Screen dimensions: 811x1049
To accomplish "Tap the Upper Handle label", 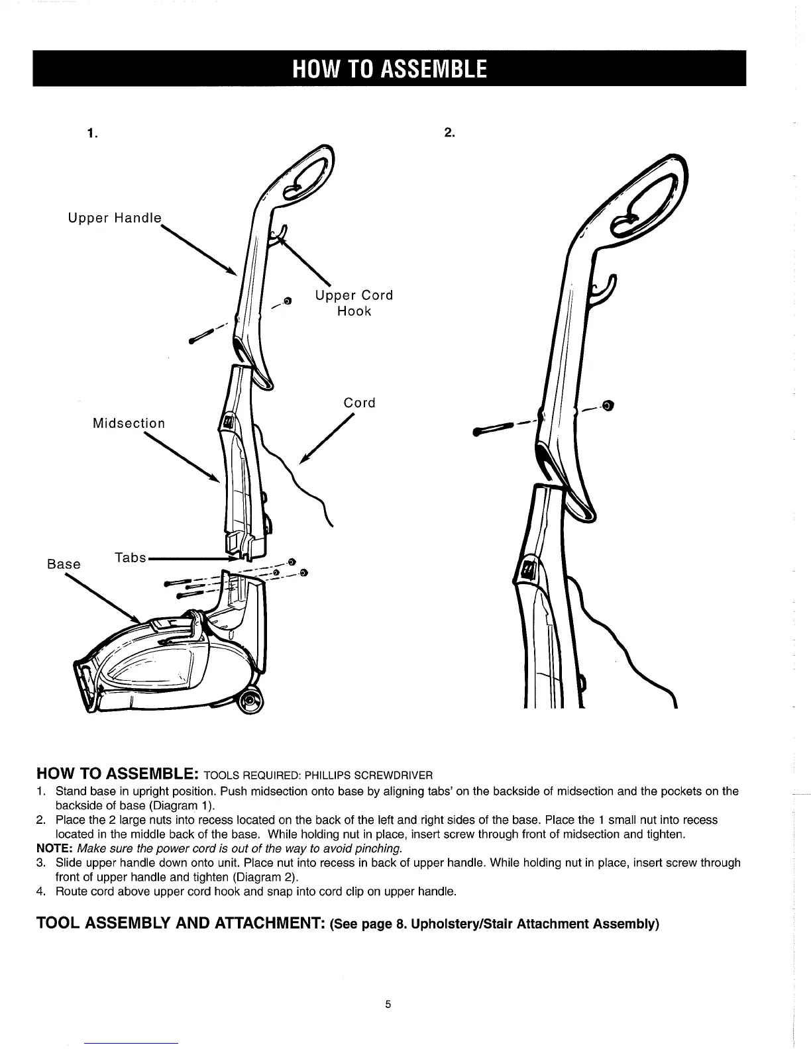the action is [115, 217].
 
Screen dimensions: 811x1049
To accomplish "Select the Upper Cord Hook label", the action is [354, 303].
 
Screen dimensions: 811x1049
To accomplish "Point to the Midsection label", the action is [129, 423].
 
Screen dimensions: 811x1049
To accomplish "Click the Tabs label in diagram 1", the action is [131, 558].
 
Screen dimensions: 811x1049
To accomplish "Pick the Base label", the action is [64, 564].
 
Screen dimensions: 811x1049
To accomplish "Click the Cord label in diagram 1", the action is [359, 403].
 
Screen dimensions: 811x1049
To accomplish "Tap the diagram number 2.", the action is [449, 132].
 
